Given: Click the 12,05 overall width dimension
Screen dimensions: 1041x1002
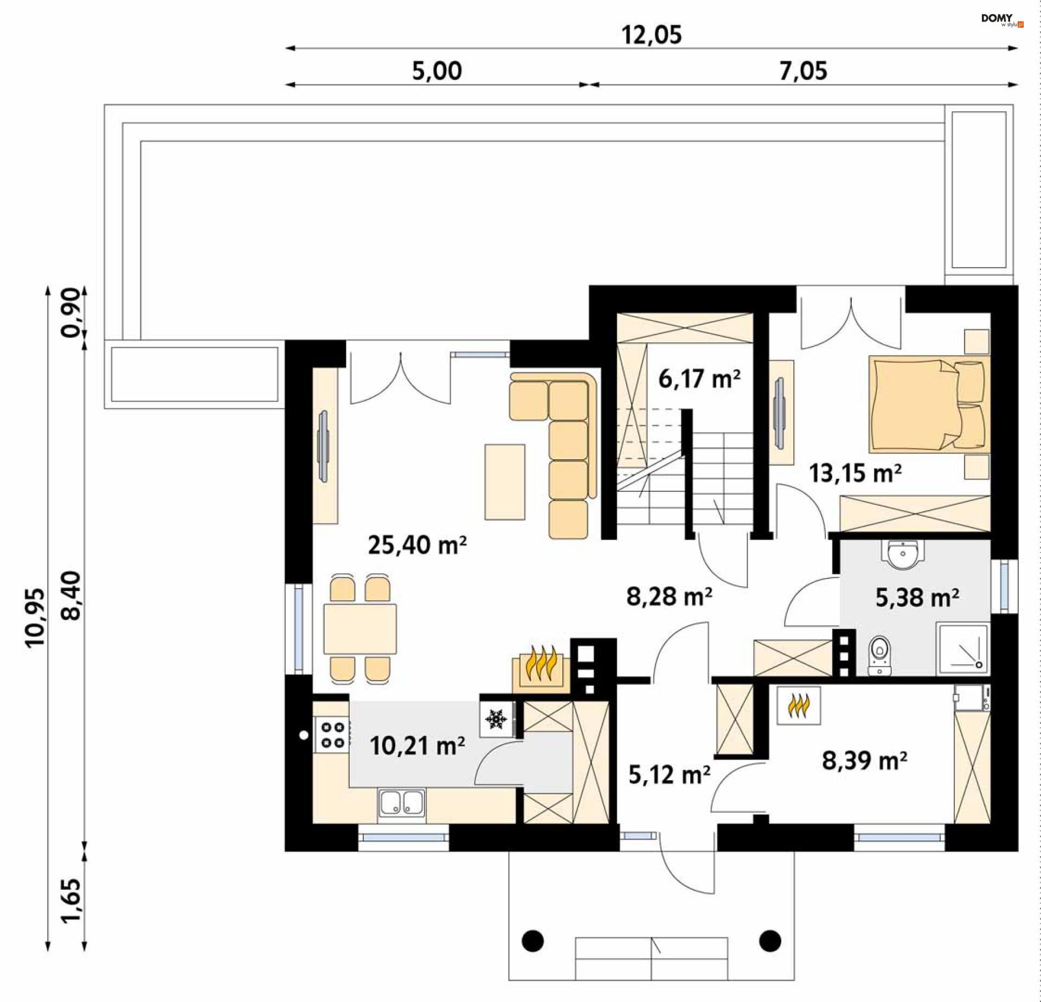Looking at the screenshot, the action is (x=651, y=35).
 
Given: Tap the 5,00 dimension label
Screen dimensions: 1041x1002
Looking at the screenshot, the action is (x=437, y=71).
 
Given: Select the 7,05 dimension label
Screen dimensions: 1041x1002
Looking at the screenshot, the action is (x=803, y=71).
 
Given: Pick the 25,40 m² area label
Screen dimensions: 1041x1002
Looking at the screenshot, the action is (x=417, y=545).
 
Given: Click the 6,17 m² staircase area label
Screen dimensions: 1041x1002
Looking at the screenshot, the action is (x=699, y=378).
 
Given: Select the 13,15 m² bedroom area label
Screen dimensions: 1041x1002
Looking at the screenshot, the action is (x=855, y=473).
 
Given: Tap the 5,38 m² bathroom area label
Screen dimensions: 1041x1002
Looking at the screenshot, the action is (x=917, y=598).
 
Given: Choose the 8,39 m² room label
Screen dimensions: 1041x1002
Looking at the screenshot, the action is (x=864, y=760).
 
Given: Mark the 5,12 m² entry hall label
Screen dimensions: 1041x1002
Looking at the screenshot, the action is (x=669, y=775).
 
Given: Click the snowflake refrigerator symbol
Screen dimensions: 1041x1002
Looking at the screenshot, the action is (x=496, y=719).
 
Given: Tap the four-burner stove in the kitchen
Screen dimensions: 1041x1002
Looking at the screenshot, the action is (x=332, y=735).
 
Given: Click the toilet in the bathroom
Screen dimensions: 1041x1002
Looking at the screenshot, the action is (x=879, y=656).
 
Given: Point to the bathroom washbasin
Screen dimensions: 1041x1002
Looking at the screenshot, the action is (x=903, y=555).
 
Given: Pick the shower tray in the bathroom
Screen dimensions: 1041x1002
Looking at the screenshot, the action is (x=962, y=648).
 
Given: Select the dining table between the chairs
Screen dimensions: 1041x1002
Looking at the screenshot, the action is (x=360, y=629).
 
